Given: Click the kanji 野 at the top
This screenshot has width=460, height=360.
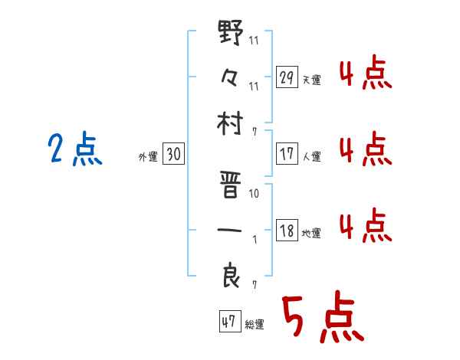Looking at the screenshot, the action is click(231, 35).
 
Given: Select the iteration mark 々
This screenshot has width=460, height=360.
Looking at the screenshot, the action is click(231, 77).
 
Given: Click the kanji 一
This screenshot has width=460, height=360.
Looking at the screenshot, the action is click(231, 228).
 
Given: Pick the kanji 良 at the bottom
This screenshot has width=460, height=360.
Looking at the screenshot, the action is click(231, 273).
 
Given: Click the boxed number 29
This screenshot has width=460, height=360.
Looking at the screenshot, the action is click(287, 77).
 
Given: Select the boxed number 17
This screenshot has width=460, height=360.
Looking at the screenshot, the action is click(287, 154).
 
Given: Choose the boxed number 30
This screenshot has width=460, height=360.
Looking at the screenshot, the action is click(173, 155).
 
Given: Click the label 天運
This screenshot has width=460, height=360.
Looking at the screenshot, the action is click(312, 80).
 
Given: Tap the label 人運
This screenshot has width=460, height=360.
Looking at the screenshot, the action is click(312, 156).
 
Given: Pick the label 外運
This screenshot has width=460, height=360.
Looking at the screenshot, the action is click(147, 157).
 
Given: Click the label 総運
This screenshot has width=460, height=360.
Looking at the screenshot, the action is click(255, 324).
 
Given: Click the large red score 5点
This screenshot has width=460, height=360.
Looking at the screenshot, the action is click(321, 318).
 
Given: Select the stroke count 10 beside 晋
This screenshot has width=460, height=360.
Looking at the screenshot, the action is click(254, 194).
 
